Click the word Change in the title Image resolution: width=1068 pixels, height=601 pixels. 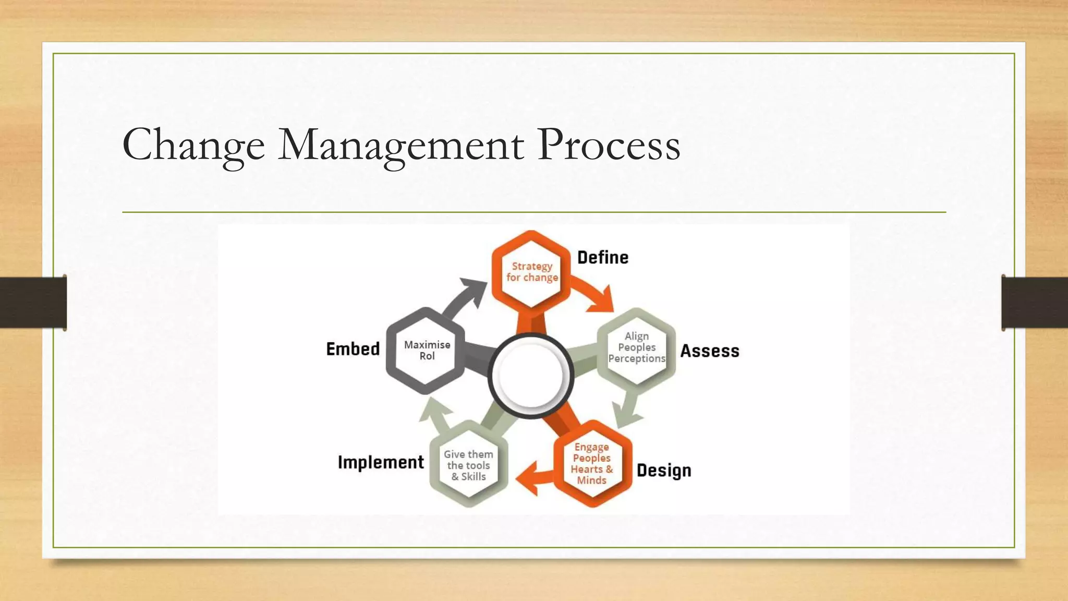pos(193,145)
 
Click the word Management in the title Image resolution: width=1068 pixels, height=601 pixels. pos(400,145)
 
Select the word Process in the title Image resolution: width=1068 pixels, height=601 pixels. pos(609,145)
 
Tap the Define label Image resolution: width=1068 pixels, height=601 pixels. pos(603,257)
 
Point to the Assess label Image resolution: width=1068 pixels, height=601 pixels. pos(710,351)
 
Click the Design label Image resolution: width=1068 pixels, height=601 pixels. pos(664,470)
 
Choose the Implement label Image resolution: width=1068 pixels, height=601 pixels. pos(381,462)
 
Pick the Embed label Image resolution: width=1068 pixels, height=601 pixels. pos(353,349)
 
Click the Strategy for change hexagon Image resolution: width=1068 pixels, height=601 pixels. pos(531,272)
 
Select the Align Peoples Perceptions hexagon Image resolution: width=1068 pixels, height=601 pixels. pos(636,347)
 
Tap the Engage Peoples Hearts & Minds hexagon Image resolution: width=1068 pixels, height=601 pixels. pos(592,463)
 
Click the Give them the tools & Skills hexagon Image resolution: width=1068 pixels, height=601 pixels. pos(468,465)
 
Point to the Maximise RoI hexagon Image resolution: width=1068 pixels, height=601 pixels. pos(427,350)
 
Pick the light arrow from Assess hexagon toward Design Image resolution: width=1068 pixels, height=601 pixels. pos(628,410)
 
